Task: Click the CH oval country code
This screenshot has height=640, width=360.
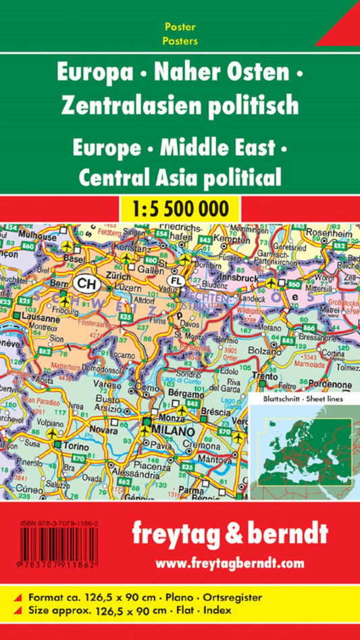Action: pyautogui.click(x=86, y=282)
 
